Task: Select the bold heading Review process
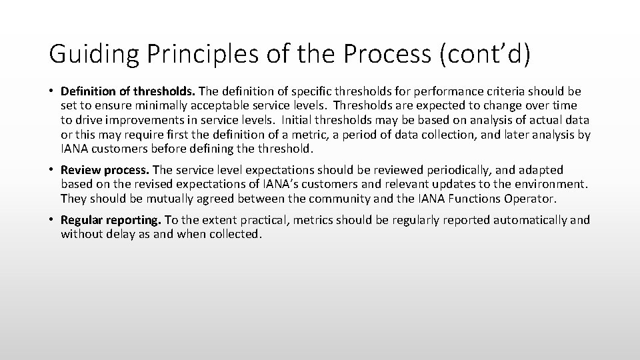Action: (105, 170)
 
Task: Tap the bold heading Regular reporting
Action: (111, 220)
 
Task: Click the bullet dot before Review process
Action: (52, 170)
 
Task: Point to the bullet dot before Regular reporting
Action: (52, 220)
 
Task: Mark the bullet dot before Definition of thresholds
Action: (52, 91)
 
